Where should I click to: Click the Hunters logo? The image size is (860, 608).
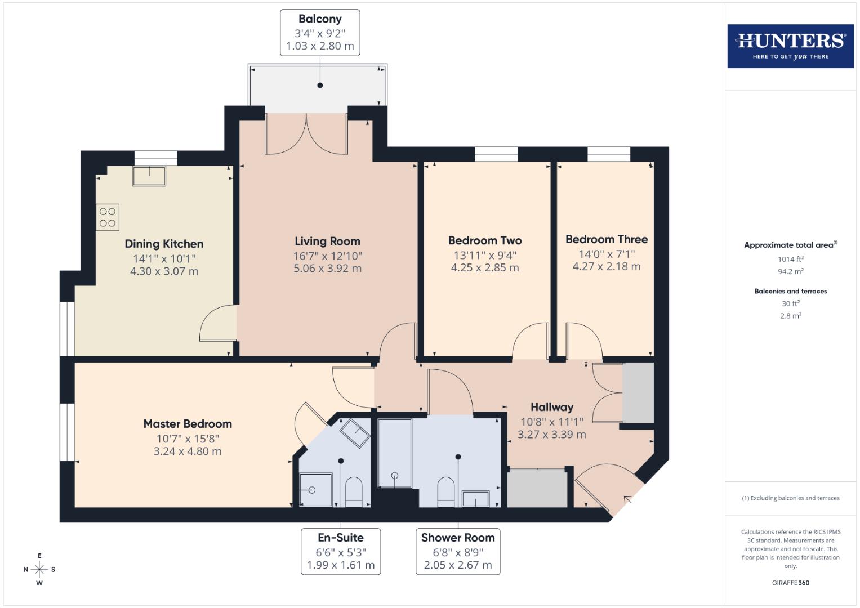point(790,46)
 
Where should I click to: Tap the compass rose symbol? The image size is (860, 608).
point(39,569)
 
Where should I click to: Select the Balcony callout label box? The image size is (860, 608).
point(320,33)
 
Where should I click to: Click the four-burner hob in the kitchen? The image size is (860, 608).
point(108,217)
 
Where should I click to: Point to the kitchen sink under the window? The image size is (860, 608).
point(149,176)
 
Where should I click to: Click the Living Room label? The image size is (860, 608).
point(327,242)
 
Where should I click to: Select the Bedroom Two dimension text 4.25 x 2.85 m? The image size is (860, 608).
point(484,267)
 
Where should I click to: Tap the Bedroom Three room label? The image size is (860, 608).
point(606,239)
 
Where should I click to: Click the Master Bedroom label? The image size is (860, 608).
point(188,424)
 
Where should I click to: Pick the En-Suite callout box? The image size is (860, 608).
point(341,551)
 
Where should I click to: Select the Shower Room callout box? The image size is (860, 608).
point(458,551)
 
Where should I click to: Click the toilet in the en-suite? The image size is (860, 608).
point(353,491)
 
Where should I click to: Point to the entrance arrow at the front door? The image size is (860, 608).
point(627,499)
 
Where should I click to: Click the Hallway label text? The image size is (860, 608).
point(551,407)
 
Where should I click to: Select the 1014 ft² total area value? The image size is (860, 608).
point(790,260)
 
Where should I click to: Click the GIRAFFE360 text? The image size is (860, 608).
point(790,583)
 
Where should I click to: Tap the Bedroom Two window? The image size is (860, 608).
point(496,154)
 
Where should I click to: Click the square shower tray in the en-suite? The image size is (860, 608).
point(315,490)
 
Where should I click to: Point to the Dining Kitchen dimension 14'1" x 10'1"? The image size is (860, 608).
point(164,259)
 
